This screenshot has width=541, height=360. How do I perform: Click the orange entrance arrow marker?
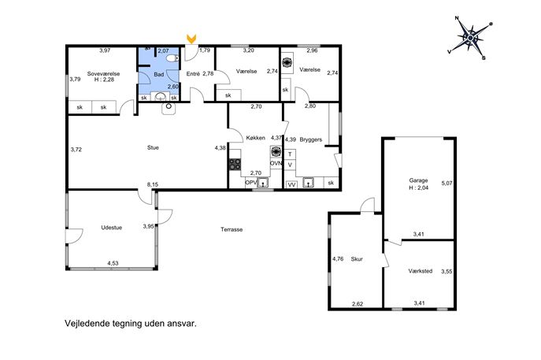pyautogui.click(x=191, y=39)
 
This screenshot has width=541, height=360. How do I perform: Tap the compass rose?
pyautogui.click(x=471, y=37)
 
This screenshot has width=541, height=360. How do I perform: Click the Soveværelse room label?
pyautogui.click(x=103, y=74)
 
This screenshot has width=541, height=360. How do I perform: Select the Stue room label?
pyautogui.click(x=153, y=148)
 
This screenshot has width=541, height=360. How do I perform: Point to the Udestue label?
pyautogui.click(x=112, y=228)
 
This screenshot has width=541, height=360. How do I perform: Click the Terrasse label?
pyautogui.click(x=232, y=229)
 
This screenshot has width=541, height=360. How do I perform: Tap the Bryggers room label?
pyautogui.click(x=311, y=139)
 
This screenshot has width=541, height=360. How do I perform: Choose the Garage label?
pyautogui.click(x=418, y=180)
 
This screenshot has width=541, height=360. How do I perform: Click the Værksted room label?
pyautogui.click(x=421, y=271)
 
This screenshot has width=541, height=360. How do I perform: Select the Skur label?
pyautogui.click(x=357, y=259)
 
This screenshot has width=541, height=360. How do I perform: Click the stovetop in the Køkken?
pyautogui.click(x=235, y=165)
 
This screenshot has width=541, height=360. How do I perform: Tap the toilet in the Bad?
pyautogui.click(x=171, y=58)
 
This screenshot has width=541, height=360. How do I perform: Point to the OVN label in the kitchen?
pyautogui.click(x=276, y=163)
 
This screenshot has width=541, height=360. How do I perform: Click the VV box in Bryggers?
pyautogui.click(x=292, y=184)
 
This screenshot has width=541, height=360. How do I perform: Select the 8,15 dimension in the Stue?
pyautogui.click(x=153, y=184)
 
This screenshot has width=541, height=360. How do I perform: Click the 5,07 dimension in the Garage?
pyautogui.click(x=447, y=184)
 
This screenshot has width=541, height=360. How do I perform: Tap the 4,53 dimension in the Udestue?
pyautogui.click(x=113, y=263)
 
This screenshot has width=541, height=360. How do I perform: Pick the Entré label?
pyautogui.click(x=193, y=73)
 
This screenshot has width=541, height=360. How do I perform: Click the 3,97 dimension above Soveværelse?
pyautogui.click(x=105, y=50)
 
